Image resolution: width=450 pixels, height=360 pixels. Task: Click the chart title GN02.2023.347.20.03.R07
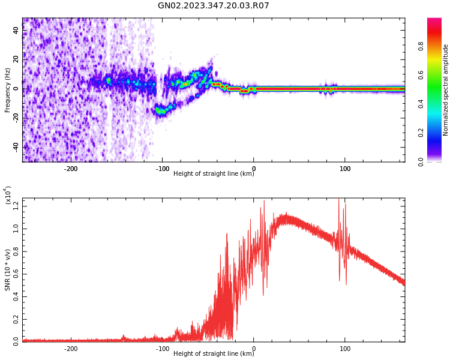[214, 6]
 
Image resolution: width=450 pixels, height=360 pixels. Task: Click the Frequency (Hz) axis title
[8, 90]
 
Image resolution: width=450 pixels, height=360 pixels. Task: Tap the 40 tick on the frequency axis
[16, 31]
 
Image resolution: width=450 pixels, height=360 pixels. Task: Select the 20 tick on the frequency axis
[16, 59]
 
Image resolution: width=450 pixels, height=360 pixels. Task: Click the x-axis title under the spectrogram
[214, 174]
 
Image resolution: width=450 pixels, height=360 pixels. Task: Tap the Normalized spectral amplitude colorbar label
[446, 90]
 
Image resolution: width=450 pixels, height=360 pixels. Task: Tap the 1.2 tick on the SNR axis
[16, 206]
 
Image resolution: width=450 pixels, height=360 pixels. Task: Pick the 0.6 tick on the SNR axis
[16, 274]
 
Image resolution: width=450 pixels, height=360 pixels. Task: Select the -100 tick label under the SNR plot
[162, 349]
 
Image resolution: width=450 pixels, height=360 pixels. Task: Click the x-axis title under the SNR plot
[214, 354]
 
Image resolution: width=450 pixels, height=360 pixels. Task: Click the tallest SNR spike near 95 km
[339, 200]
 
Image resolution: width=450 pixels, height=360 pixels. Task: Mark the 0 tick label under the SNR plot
[254, 349]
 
